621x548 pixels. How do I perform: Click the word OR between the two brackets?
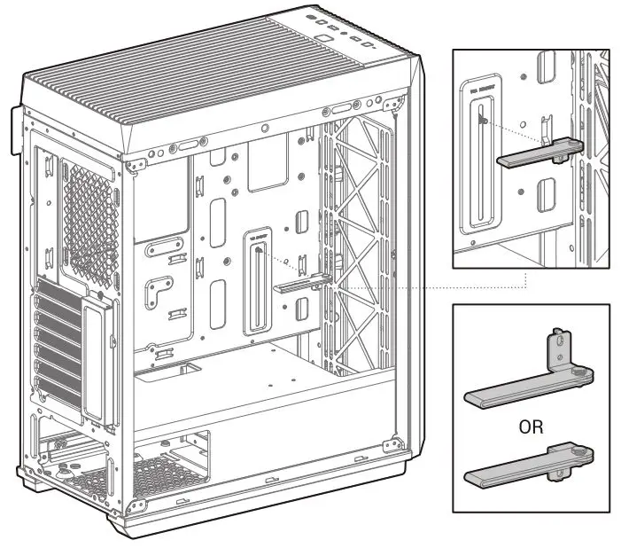pyautogui.click(x=532, y=427)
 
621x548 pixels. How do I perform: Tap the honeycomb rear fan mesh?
pyautogui.click(x=89, y=217)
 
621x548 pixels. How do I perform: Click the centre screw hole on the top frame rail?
pyautogui.click(x=264, y=128)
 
